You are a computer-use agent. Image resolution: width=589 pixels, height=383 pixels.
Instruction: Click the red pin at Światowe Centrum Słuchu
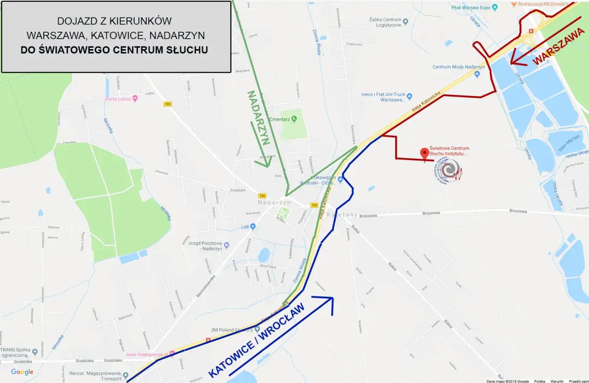point(425,153)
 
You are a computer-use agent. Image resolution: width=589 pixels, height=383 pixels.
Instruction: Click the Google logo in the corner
point(22,372)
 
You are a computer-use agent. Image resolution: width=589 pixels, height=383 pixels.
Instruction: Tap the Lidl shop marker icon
point(253,227)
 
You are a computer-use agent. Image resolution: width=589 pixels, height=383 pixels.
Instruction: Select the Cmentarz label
point(278,119)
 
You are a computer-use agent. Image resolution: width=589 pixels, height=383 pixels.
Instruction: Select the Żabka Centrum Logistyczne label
point(385,23)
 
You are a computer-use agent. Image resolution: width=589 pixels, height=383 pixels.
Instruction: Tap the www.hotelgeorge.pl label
point(147,354)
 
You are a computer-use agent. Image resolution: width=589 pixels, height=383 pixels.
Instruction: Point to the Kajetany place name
point(344,215)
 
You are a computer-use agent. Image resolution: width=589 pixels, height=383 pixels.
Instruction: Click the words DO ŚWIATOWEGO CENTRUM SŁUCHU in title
point(114,50)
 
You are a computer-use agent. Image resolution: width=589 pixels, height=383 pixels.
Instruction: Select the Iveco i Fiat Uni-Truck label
point(383,97)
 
